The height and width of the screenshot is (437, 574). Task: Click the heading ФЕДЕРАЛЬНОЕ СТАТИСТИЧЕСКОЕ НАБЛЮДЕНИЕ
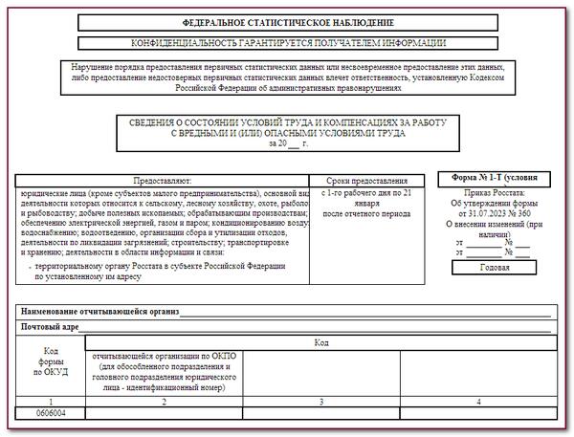point(287,22)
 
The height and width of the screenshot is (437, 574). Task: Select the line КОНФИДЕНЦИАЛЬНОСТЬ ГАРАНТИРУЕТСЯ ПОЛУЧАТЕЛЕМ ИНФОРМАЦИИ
point(287,43)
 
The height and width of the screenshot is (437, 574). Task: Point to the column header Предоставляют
point(163,180)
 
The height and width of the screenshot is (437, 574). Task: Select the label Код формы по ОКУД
point(50,363)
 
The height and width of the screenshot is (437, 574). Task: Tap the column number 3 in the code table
point(320,402)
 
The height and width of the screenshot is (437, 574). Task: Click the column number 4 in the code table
point(477,402)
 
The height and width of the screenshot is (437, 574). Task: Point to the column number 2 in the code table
point(164,402)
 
